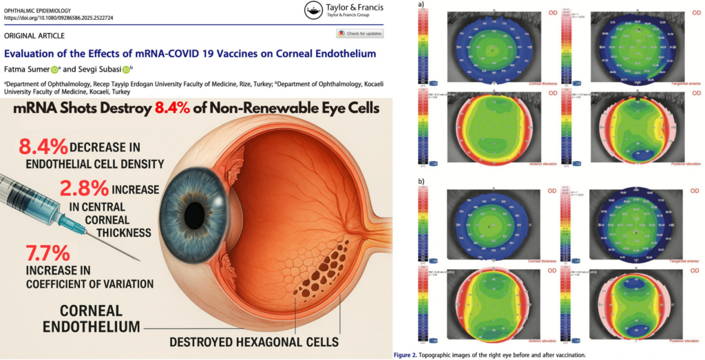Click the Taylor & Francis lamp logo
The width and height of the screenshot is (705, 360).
click(313, 10)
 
